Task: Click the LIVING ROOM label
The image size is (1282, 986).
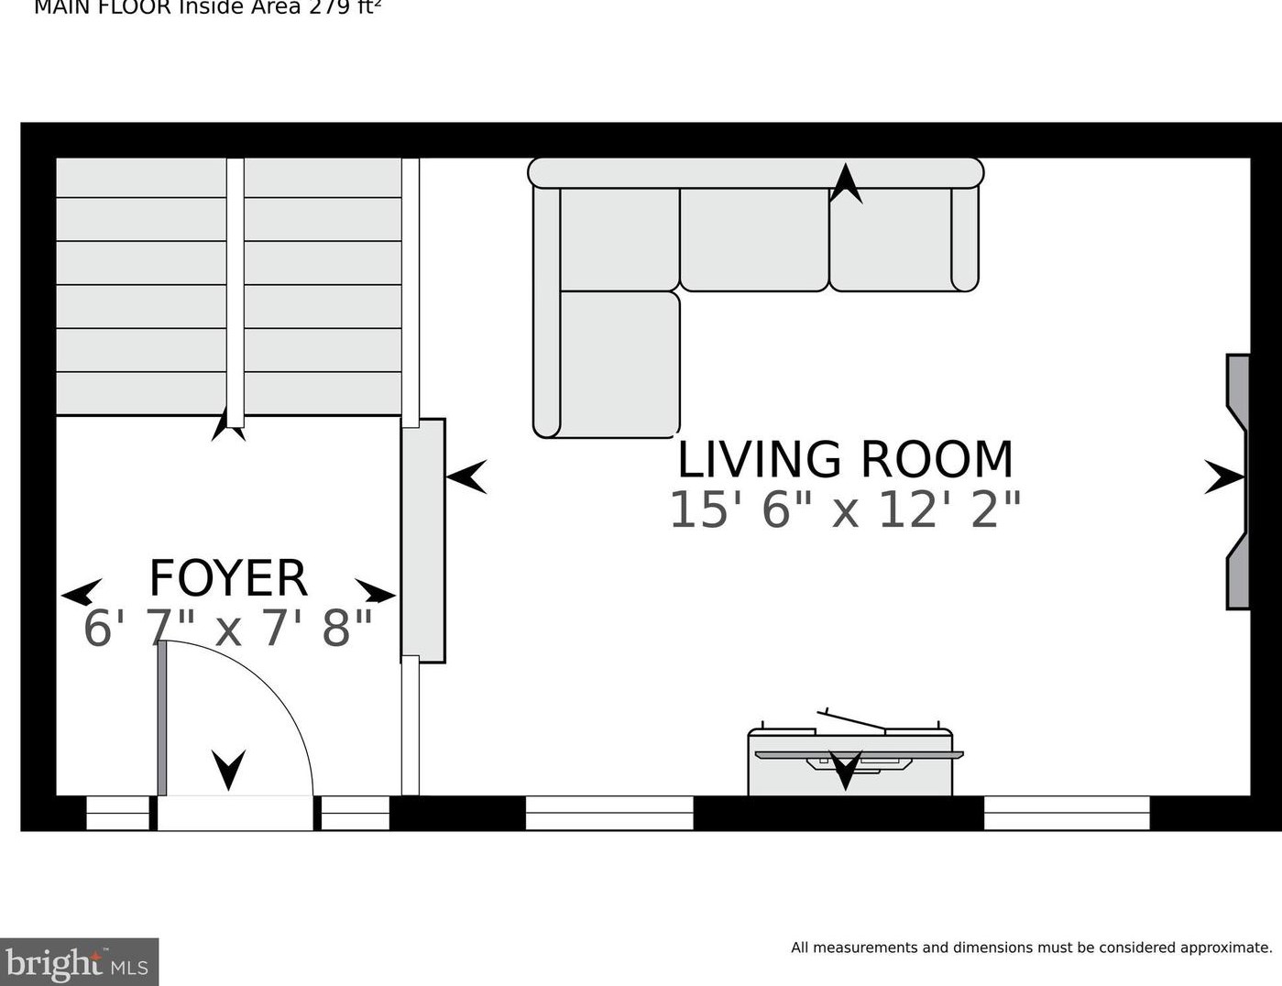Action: [845, 460]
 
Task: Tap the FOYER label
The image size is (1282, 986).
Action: [228, 578]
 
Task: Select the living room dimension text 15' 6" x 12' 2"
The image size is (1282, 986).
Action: [845, 510]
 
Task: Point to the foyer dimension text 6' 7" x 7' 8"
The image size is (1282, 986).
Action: [228, 629]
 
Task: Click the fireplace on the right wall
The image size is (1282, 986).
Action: [1238, 481]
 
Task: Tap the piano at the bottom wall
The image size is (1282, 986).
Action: [849, 761]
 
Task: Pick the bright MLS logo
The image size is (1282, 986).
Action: [79, 962]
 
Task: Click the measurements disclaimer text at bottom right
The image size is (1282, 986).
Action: [1031, 948]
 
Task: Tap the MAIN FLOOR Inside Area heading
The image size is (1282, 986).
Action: [207, 8]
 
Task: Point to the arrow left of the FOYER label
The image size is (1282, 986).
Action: [82, 593]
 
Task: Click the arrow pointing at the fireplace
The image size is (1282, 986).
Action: [1223, 477]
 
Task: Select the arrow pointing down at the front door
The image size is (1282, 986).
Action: [228, 769]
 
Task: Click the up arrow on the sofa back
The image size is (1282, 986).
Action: [846, 183]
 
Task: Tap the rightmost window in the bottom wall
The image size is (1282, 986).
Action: [1067, 813]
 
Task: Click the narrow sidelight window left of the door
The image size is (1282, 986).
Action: [117, 813]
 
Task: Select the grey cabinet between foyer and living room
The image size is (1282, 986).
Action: [423, 540]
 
